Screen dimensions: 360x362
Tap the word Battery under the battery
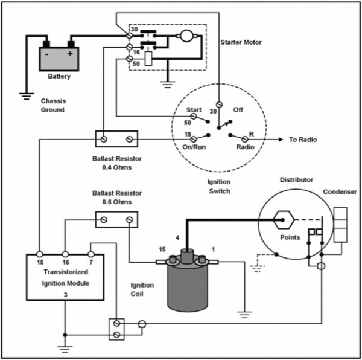coord(59,77)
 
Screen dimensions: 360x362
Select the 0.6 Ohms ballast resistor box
coord(116,220)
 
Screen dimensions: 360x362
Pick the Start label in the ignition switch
coord(194,110)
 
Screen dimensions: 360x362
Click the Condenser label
coord(340,193)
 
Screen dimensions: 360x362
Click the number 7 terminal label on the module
coord(92,263)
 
